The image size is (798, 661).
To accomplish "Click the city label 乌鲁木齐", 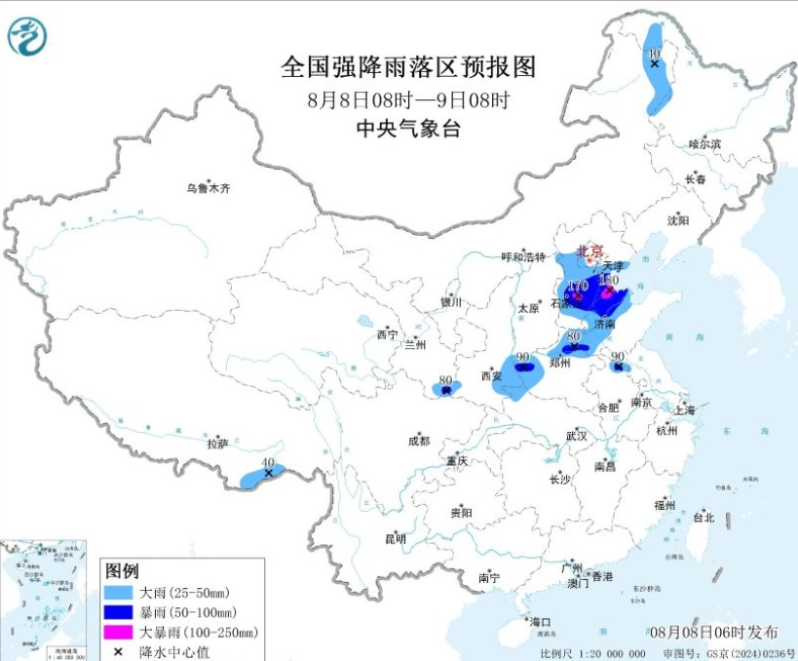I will point(209,188).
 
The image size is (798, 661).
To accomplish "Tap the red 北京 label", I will point(590,251).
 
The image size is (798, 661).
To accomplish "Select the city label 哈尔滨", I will point(704,144).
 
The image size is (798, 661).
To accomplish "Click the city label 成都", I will point(418,441).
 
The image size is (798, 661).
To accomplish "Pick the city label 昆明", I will point(395,538).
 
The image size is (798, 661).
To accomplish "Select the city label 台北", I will point(703,518).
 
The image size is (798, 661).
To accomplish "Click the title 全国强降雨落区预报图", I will point(408,67).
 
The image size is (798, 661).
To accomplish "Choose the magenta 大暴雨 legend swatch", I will point(118,633).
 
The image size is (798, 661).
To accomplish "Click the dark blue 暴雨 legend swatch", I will point(118,612).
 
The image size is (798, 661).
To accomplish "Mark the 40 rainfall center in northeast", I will point(654,63).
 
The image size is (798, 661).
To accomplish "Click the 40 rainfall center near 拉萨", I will point(268,473).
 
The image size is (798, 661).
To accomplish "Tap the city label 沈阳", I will point(678,220).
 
